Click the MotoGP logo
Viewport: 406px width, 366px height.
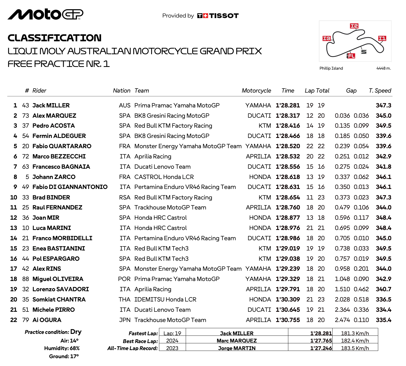45,14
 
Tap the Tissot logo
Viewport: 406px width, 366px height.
218,16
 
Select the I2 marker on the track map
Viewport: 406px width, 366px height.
354,26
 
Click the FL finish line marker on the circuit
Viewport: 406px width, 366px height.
351,56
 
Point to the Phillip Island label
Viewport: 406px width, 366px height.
331,68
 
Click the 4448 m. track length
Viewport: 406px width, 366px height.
383,68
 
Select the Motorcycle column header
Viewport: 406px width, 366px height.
256,91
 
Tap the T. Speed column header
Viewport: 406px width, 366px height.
380,91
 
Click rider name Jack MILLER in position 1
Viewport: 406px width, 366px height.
51,106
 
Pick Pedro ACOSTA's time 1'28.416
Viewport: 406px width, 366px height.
288,126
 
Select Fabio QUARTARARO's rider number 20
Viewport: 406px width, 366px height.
26,146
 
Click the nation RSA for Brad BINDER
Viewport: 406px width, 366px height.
125,198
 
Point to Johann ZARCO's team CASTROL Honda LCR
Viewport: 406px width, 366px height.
164,177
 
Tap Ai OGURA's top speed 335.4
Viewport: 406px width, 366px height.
383,320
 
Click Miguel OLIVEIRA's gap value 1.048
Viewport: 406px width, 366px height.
342,279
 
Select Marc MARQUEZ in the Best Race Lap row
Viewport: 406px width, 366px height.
237,341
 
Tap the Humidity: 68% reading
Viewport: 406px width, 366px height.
62,348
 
